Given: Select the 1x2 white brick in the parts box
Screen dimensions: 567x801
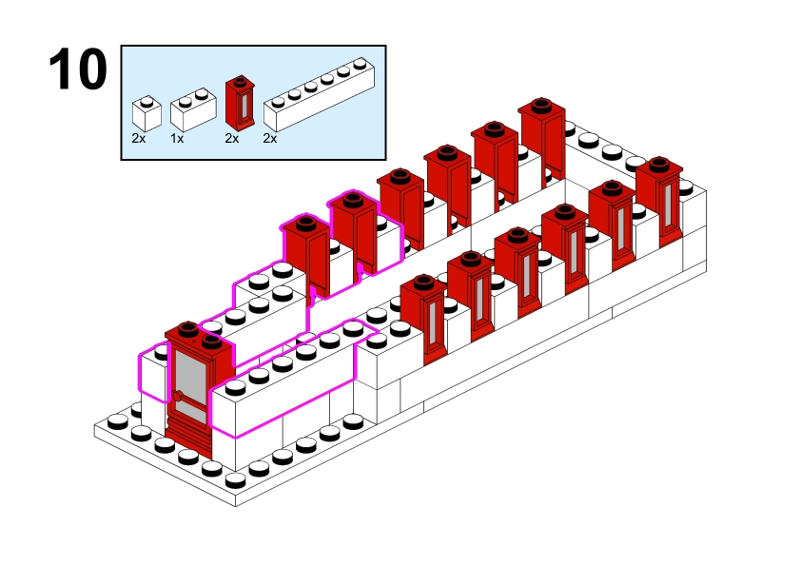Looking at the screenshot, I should coord(189,112).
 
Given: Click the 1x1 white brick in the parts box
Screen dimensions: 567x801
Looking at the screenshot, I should coord(146,113).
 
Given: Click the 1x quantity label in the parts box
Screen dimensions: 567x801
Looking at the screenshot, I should coord(177,139).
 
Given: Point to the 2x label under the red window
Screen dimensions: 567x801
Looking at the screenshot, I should coord(231,139).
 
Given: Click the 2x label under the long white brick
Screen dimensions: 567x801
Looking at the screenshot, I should coord(269,139).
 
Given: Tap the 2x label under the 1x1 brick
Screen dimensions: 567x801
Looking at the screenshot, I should coord(139,139).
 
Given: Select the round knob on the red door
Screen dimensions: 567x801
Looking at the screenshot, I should coord(177,396).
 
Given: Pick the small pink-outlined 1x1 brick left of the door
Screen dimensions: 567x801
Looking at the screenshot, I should coord(152,373).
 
